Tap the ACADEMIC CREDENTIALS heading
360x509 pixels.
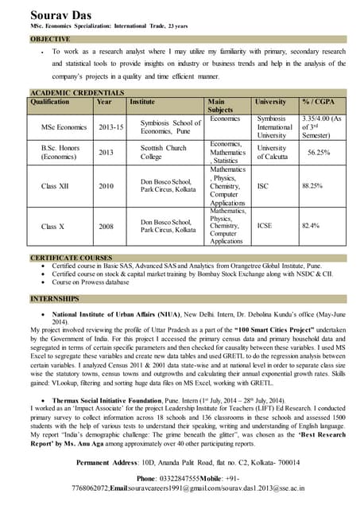coord(77,94)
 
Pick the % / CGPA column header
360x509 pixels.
coord(318,103)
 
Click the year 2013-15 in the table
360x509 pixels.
coord(110,127)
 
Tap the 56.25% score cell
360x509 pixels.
coord(319,153)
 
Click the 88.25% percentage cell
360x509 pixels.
coord(312,186)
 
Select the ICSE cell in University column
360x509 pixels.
coord(265,226)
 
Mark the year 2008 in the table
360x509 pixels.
coord(106,226)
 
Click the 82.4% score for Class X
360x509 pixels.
coord(310,226)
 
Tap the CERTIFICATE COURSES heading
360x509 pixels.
coord(70,258)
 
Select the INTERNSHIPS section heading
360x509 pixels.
coord(54,299)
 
